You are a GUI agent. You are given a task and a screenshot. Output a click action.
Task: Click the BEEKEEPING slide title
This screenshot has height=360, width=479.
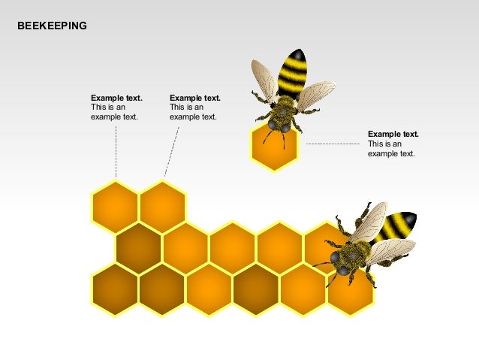coord(52,26)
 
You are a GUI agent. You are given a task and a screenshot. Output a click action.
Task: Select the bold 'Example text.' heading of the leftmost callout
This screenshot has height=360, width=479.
coord(116,98)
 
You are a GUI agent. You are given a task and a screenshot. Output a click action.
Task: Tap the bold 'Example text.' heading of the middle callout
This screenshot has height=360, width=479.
coord(195,98)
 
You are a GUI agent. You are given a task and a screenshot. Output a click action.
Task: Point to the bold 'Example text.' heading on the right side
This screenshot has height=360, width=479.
coord(393,134)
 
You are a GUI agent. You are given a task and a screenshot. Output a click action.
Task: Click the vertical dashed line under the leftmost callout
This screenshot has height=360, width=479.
coord(116,150)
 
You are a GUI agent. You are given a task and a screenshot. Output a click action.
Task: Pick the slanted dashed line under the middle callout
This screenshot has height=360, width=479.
coord(172,150)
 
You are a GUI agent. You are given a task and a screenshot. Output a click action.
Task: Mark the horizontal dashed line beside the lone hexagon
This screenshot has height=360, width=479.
coord(334,143)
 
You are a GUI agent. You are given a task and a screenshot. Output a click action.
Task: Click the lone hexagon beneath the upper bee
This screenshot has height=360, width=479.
coord(274,150)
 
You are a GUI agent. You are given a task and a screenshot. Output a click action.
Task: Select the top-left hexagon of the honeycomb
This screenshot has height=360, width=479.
coord(115,206)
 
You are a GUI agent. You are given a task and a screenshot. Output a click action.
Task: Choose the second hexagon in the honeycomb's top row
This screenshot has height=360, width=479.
coord(163,206)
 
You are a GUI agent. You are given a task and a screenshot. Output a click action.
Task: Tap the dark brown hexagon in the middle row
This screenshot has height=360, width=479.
coord(139,247)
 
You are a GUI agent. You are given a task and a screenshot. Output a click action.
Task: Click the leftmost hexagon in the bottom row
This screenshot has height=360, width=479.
coord(115,289)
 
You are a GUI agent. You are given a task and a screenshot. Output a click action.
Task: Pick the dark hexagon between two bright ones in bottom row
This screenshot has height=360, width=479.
coord(256,289)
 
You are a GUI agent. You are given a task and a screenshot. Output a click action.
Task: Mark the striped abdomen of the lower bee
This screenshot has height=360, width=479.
coord(396,226)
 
